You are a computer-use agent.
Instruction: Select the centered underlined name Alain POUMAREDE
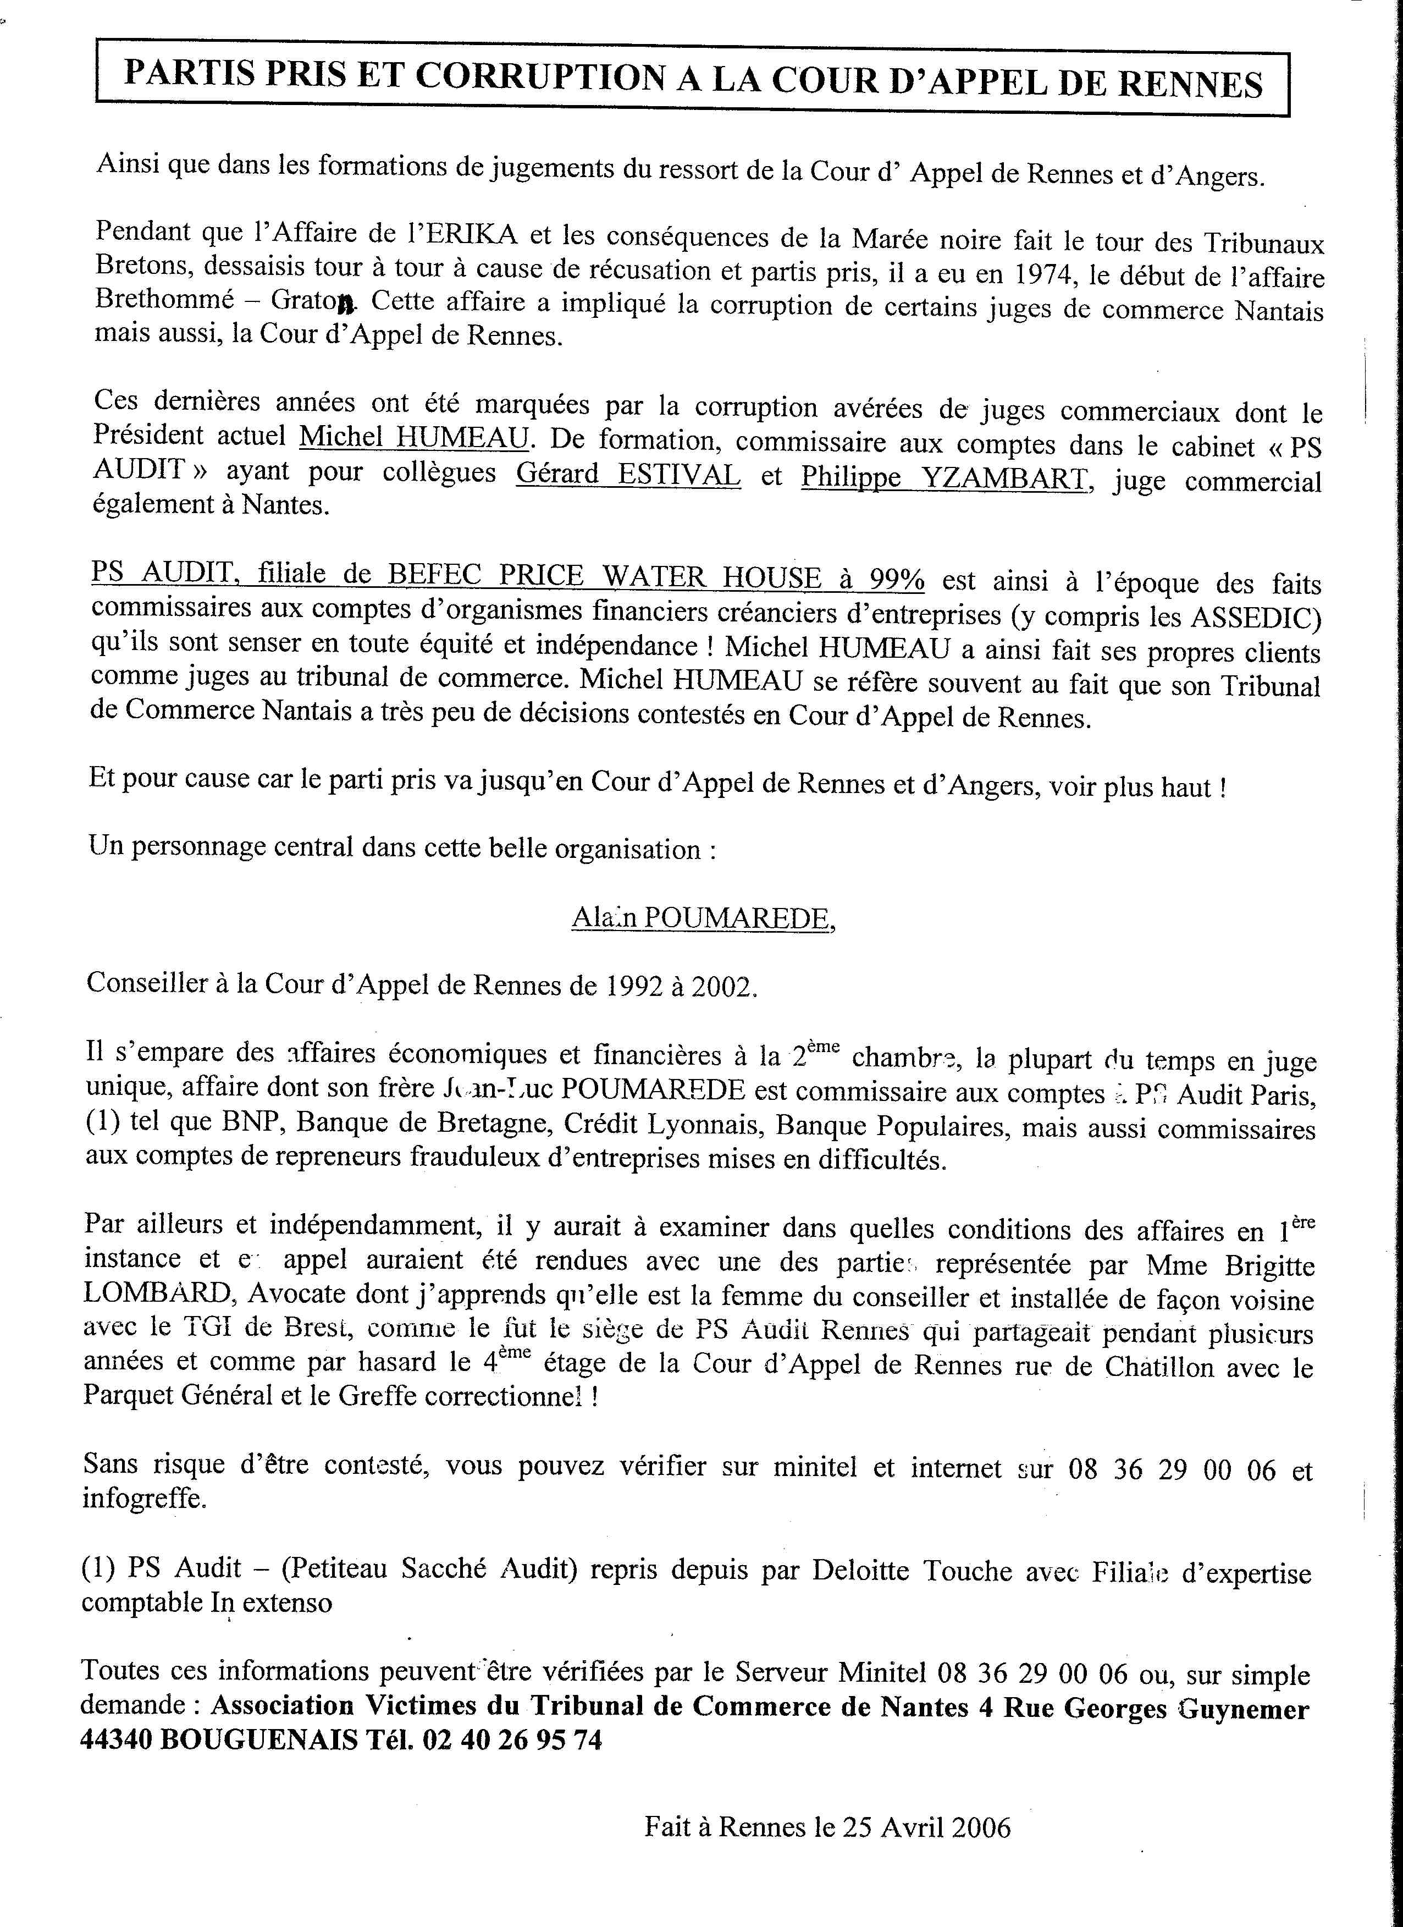click(x=703, y=918)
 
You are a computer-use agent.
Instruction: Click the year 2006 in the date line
click(x=979, y=1821)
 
